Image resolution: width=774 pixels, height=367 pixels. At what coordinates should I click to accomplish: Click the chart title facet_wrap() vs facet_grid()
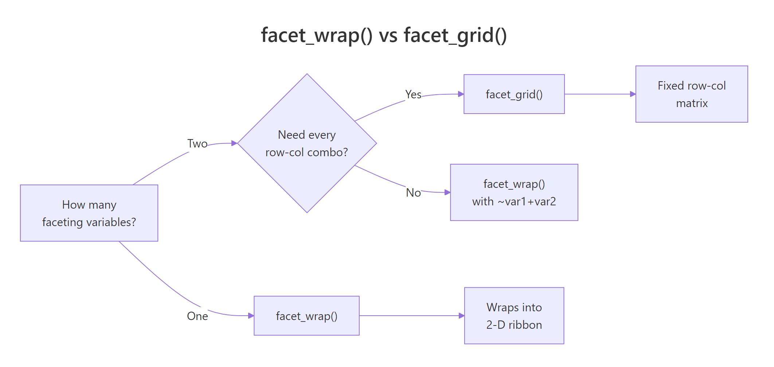[384, 36]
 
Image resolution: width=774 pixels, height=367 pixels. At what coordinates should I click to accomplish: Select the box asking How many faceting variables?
[89, 213]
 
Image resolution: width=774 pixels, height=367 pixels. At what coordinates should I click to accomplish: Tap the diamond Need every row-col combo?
[307, 143]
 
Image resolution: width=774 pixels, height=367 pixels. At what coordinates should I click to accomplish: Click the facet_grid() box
[514, 94]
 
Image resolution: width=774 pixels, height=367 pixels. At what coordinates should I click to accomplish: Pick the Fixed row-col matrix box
[691, 94]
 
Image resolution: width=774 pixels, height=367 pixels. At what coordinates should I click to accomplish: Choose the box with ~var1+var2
[514, 192]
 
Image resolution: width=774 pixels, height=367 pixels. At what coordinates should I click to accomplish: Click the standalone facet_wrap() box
[306, 316]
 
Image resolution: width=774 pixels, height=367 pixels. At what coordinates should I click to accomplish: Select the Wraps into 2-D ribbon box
[514, 316]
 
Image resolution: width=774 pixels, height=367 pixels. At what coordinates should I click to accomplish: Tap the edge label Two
[197, 144]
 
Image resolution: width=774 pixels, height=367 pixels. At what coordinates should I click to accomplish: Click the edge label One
[197, 316]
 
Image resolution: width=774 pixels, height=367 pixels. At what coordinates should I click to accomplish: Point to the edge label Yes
[413, 95]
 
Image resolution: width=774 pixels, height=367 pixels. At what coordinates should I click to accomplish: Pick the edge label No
[413, 193]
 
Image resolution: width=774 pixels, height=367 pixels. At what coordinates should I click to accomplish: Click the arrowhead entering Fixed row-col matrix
[633, 94]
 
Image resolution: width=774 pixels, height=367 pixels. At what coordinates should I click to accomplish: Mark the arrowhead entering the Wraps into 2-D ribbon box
[461, 316]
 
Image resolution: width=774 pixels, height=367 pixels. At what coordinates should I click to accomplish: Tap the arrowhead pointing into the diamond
[234, 143]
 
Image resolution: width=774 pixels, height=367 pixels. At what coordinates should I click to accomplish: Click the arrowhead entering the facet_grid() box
[461, 94]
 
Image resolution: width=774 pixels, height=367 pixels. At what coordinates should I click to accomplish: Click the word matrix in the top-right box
[692, 103]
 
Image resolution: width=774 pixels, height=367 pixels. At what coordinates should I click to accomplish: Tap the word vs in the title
[388, 36]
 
